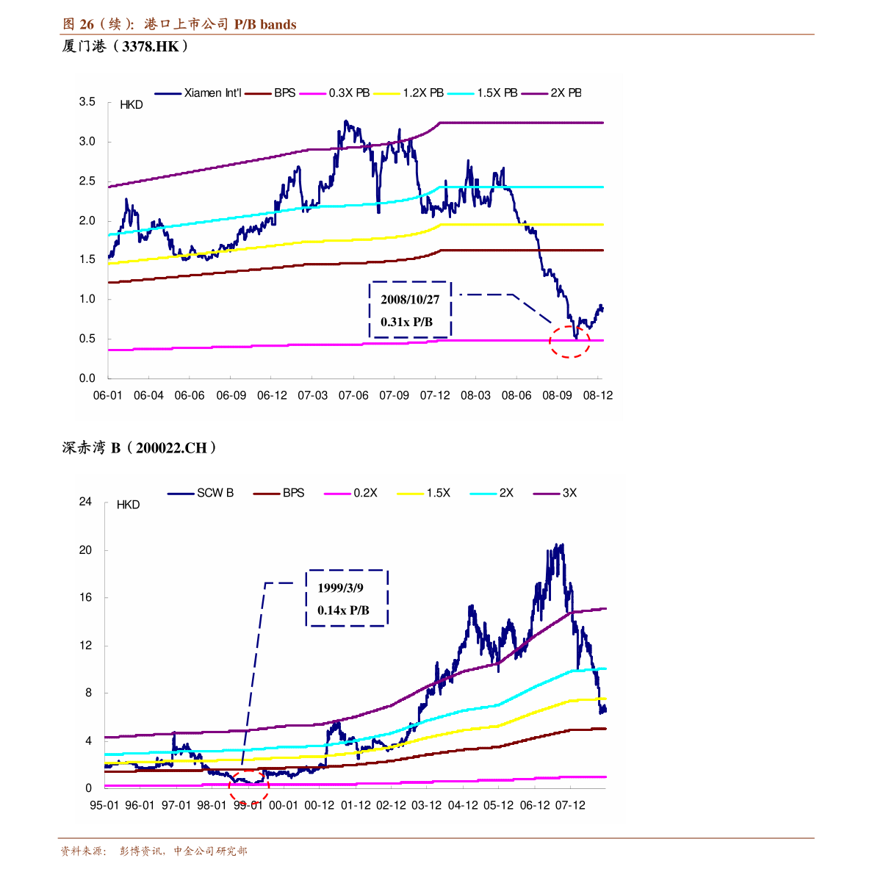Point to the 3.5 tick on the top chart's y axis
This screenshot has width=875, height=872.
(x=87, y=102)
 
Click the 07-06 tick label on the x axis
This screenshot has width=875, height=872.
(x=353, y=395)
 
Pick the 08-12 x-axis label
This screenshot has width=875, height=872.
(x=598, y=395)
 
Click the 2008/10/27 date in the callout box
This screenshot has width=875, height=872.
(x=410, y=300)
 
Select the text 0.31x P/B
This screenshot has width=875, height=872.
(x=406, y=322)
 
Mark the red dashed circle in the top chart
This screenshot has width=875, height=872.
(x=570, y=342)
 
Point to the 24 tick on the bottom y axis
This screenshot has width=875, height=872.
(x=86, y=502)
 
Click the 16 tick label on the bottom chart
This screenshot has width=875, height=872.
(x=86, y=598)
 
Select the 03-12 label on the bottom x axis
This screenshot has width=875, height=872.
(x=427, y=805)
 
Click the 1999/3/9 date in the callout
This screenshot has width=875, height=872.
(x=340, y=588)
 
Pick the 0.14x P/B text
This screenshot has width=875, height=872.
(x=343, y=610)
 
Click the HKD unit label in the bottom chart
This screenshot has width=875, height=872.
(x=128, y=505)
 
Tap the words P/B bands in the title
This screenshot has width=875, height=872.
(x=265, y=24)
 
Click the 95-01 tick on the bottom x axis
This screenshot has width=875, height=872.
(x=104, y=805)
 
